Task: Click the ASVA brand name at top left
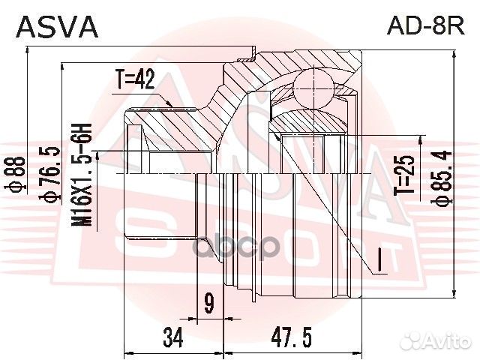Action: [57, 26]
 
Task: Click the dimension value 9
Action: [209, 304]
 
